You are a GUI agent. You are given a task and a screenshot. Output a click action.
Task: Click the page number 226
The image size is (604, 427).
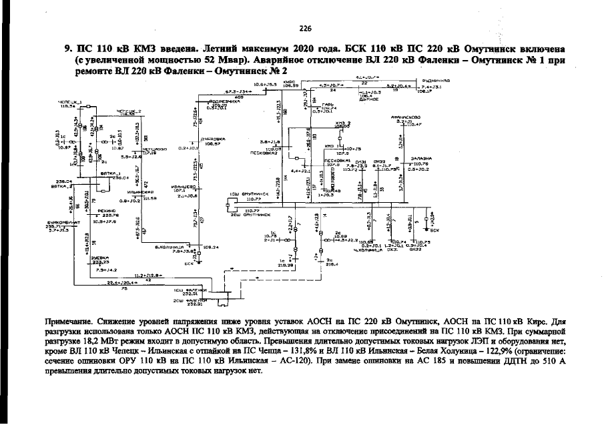[x=306, y=28]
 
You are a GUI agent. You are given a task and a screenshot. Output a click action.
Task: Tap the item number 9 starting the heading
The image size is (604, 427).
[x=67, y=49]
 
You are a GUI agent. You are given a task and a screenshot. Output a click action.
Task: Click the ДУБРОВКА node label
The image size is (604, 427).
[x=213, y=139]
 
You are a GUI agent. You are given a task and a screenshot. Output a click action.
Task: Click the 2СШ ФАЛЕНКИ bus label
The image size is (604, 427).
[x=189, y=300]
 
